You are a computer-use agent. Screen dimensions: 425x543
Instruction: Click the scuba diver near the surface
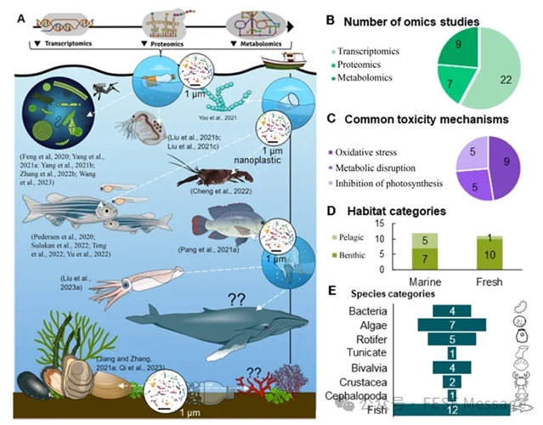(x=101, y=87)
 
